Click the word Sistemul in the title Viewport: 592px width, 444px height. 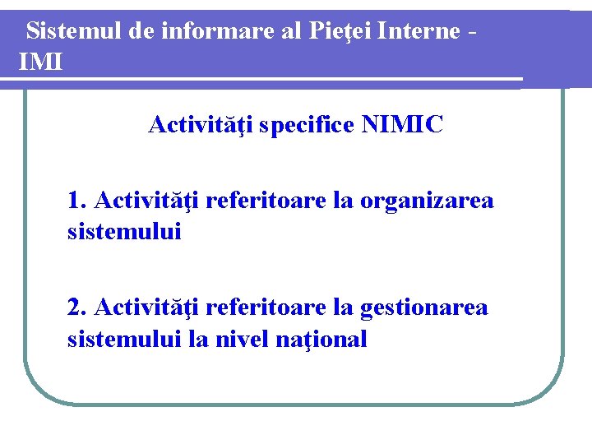(x=75, y=31)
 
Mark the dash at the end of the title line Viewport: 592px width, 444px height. (x=470, y=33)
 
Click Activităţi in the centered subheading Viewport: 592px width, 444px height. (x=201, y=125)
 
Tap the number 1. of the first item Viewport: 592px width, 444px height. (x=78, y=201)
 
